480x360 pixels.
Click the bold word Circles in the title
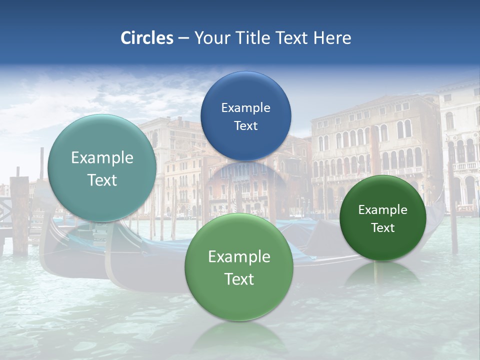coord(146,38)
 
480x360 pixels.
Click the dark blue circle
coord(245,116)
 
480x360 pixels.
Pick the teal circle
coord(102,168)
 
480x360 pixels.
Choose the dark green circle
coord(382,218)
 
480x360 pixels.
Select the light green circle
coord(239,267)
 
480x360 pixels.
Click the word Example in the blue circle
coord(245,107)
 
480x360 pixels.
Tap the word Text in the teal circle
coord(102,180)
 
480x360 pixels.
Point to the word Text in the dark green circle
coord(382,228)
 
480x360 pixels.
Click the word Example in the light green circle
coord(239,257)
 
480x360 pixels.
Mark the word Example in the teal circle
coord(102,158)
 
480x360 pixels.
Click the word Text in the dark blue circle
coord(245,125)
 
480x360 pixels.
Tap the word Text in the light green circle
coord(239,279)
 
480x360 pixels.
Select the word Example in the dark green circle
coord(382,210)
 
